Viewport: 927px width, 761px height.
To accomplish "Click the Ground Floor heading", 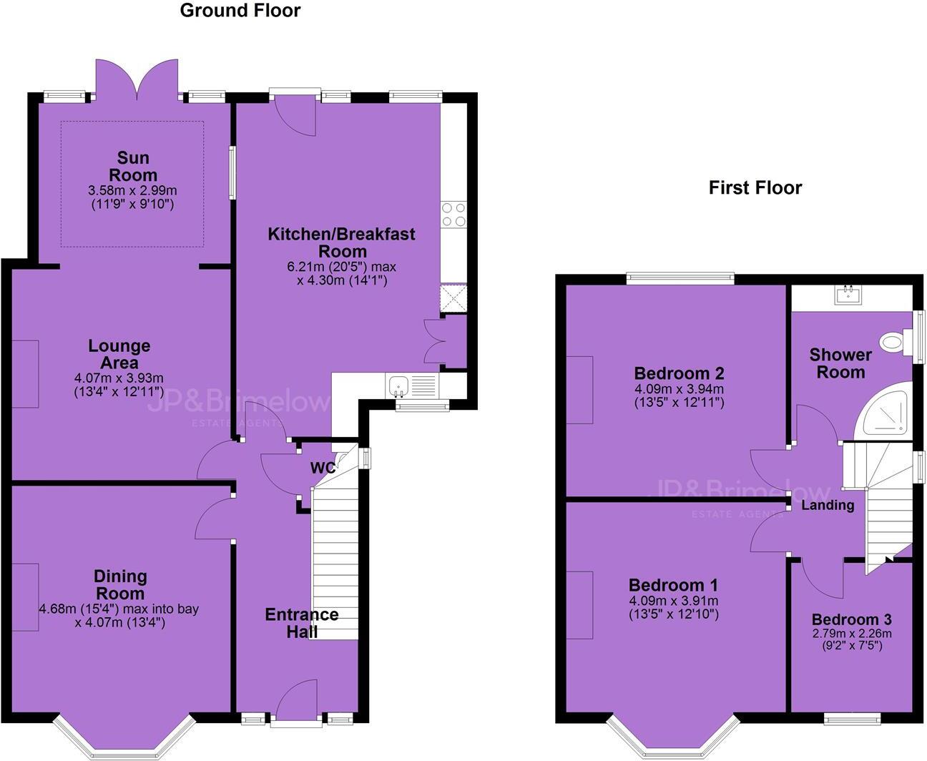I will click(240, 11).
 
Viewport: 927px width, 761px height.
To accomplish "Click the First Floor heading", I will click(755, 187).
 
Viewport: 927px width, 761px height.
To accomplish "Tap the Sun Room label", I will click(133, 167).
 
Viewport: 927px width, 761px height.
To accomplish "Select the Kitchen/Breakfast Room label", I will click(341, 242).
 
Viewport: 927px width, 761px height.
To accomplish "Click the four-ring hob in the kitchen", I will click(453, 215).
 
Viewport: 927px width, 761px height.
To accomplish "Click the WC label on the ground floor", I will click(323, 468).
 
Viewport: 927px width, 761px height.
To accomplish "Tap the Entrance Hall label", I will click(301, 623).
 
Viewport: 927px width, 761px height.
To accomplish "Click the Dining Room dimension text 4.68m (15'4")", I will click(119, 609).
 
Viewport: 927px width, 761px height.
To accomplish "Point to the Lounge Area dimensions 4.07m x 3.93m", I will click(119, 378).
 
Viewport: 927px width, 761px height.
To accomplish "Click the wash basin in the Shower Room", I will click(850, 293).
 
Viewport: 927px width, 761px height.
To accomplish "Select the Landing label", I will click(827, 505).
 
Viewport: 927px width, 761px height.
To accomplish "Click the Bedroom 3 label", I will click(851, 619).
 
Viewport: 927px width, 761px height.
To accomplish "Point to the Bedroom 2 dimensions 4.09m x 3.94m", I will click(679, 389).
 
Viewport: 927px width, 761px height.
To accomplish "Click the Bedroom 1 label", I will click(673, 584).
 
